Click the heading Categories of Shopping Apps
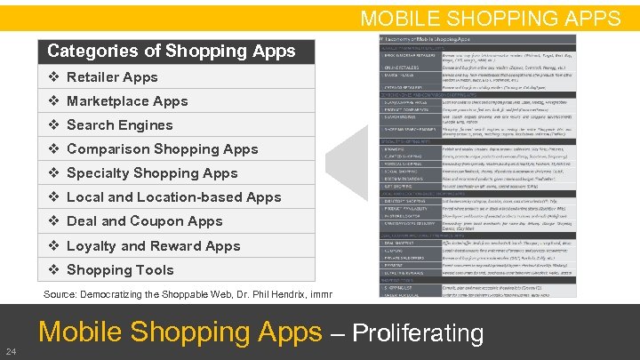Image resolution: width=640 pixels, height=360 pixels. (x=171, y=51)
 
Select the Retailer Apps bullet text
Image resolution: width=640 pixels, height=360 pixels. (x=112, y=77)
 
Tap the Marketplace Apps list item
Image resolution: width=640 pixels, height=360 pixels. (x=127, y=101)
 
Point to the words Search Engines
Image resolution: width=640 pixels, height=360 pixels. (x=120, y=125)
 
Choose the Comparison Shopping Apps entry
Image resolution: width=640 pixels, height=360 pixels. (x=163, y=149)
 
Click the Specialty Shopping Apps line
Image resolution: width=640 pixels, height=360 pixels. (x=152, y=173)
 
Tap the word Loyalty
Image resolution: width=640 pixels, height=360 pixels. (x=92, y=245)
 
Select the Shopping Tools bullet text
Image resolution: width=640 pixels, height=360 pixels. (x=120, y=270)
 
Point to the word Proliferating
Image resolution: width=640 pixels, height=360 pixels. (x=418, y=334)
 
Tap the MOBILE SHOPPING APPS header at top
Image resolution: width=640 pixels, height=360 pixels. (x=490, y=18)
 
